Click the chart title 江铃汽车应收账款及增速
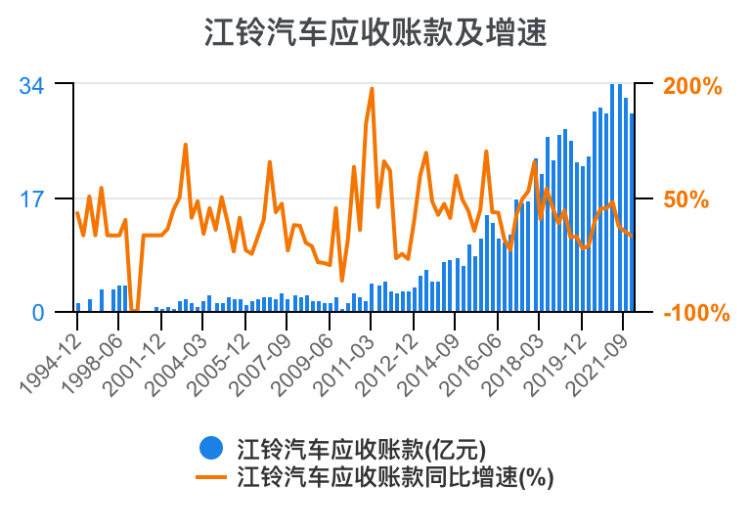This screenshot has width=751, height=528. [x=375, y=33]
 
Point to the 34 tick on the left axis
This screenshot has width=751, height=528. [x=32, y=86]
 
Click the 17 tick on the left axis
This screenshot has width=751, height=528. [x=32, y=199]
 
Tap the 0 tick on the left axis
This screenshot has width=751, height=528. [x=38, y=313]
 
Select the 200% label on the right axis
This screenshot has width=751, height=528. [x=692, y=86]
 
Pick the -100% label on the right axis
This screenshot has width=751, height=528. [x=696, y=313]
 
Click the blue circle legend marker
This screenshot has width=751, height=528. [x=211, y=448]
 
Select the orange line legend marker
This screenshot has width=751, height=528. [x=211, y=477]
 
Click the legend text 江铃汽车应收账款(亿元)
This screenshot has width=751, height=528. [x=361, y=449]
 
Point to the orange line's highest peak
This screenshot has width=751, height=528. [x=373, y=88]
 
